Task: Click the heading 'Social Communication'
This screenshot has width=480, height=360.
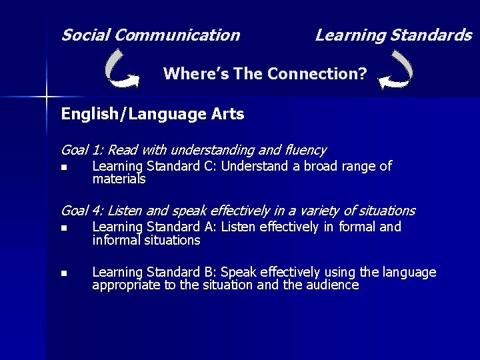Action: pos(150,35)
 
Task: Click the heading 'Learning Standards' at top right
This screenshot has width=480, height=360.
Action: pos(393,35)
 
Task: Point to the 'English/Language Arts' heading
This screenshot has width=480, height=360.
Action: pos(153,114)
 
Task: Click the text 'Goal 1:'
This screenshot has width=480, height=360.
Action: pos(82,151)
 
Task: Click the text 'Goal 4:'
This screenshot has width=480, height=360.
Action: pos(82,211)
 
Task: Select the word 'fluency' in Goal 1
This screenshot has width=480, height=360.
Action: pos(305,151)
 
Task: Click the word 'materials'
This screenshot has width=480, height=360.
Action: pos(119,179)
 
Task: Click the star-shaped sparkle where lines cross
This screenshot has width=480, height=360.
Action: pos(46,97)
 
